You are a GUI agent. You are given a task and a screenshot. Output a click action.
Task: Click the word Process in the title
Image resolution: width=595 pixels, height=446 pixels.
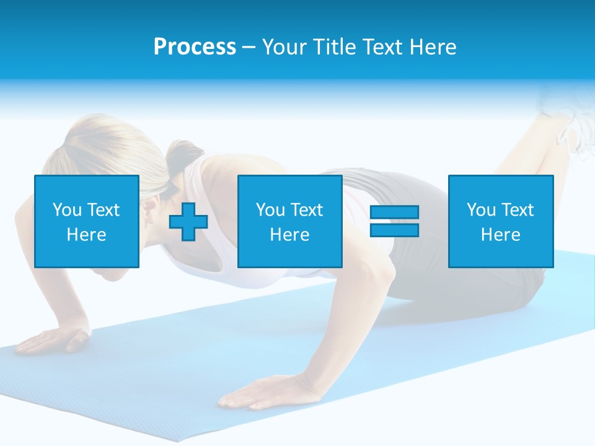pyautogui.click(x=195, y=47)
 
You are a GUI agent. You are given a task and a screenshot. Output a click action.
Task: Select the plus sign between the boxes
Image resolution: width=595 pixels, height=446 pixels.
pyautogui.click(x=188, y=222)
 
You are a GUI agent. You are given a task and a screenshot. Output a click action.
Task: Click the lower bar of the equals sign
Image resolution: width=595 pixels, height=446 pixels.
pyautogui.click(x=394, y=230)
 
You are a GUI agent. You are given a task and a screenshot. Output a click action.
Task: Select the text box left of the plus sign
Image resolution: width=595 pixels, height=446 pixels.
pyautogui.click(x=87, y=221)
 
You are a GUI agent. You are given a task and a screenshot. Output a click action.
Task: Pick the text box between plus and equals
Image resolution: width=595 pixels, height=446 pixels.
pyautogui.click(x=289, y=221)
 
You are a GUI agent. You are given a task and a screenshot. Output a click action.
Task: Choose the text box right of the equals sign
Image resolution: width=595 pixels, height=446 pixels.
pyautogui.click(x=500, y=221)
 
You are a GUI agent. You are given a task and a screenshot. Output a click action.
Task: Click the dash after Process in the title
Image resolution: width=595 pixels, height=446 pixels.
pyautogui.click(x=249, y=47)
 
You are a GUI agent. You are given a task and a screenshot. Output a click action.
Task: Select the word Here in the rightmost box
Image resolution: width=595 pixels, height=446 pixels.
pyautogui.click(x=500, y=235)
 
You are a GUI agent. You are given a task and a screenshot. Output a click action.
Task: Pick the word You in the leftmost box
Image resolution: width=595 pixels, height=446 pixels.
pyautogui.click(x=67, y=210)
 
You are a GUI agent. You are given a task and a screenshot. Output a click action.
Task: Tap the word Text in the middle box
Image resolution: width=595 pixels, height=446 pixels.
pyautogui.click(x=306, y=210)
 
